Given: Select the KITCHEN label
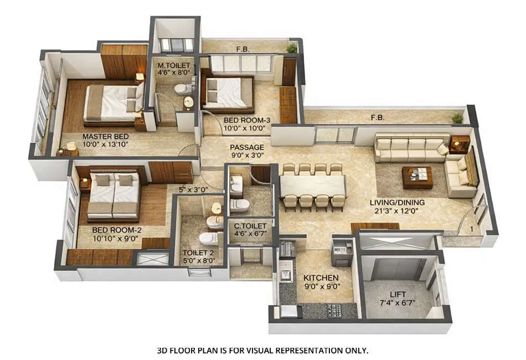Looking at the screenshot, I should pyautogui.click(x=321, y=277).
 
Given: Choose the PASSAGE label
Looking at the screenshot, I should pyautogui.click(x=247, y=147).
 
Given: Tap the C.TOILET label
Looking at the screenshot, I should pyautogui.click(x=250, y=226).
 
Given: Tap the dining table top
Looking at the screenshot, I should pyautogui.click(x=313, y=184).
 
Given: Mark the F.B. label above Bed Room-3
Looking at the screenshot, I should pyautogui.click(x=243, y=49).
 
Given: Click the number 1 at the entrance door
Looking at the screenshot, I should pyautogui.click(x=471, y=228).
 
